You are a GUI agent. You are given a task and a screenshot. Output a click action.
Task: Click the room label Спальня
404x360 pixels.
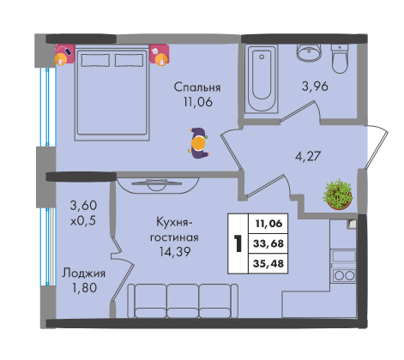(x=197, y=87)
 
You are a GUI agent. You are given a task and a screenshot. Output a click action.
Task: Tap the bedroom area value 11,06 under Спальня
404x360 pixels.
(x=198, y=102)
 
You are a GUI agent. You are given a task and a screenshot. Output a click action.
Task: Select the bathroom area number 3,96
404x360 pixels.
(x=315, y=86)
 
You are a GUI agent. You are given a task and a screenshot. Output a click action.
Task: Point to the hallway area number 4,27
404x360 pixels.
(x=308, y=156)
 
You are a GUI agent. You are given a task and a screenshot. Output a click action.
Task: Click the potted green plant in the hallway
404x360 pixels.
(x=338, y=195)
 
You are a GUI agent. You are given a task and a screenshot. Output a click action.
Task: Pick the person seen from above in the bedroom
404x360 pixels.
(x=199, y=143)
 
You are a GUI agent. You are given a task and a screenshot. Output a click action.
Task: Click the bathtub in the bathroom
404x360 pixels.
(x=262, y=79)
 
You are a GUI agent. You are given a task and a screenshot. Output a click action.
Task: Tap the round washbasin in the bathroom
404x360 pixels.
(x=310, y=53)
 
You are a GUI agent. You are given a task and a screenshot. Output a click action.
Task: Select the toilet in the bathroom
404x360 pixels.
(x=340, y=58)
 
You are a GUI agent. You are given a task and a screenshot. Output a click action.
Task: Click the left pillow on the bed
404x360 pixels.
(x=95, y=60)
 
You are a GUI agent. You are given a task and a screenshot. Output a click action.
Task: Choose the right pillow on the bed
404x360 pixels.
(x=129, y=60)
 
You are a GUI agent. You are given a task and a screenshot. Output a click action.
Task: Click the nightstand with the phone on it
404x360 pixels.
(x=64, y=54)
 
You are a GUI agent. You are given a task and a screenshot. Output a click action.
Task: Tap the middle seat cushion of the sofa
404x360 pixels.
(x=183, y=301)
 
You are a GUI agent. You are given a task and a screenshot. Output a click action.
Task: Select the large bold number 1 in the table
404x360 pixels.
(x=238, y=243)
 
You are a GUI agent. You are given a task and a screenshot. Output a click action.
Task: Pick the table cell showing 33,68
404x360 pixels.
(x=268, y=243)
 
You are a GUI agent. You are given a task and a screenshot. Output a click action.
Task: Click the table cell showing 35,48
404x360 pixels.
(x=268, y=263)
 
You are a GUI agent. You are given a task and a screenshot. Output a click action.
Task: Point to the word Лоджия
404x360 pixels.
(x=84, y=273)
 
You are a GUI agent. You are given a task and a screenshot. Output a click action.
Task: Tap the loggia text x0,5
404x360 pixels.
(x=83, y=220)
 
